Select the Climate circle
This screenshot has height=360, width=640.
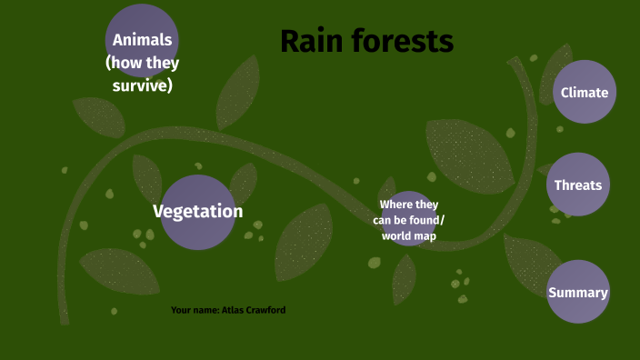585,92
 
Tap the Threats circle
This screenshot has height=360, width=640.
578,185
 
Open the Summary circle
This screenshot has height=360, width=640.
578,292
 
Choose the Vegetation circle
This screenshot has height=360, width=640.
197,212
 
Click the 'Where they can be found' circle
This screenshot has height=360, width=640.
408,219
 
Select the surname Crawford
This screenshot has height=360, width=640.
269,310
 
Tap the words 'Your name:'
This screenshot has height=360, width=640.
195,310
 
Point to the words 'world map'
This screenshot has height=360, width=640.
409,235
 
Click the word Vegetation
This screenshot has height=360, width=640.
197,212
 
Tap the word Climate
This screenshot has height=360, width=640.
585,92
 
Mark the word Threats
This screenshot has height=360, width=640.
578,185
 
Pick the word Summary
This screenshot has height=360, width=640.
578,292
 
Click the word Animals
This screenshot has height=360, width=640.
142,41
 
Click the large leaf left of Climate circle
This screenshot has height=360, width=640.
468,155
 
